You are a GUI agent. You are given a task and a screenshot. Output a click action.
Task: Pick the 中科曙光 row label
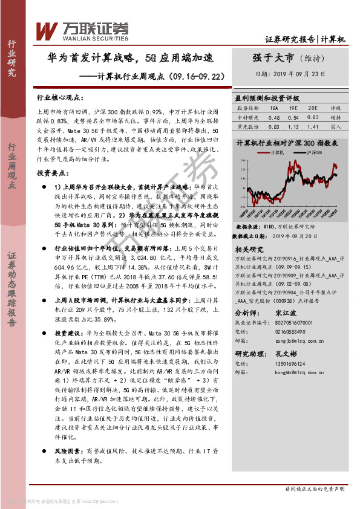pyautogui.click(x=247, y=117)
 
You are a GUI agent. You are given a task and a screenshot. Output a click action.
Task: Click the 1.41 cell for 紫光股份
pyautogui.click(x=312, y=127)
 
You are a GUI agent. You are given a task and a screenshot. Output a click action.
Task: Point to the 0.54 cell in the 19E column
pyautogui.click(x=293, y=117)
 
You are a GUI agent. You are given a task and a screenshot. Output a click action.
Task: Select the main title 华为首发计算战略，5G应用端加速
pyautogui.click(x=131, y=59)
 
